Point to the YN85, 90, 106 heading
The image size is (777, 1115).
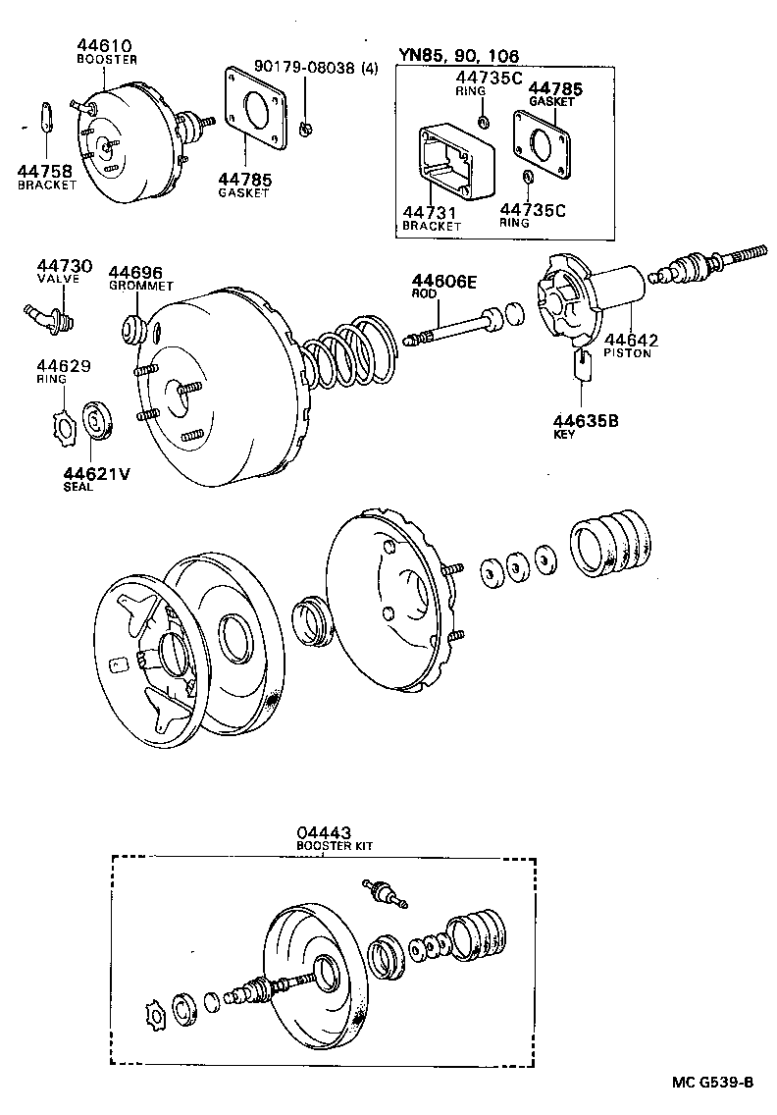[x=458, y=56]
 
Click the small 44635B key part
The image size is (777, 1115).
[x=582, y=365]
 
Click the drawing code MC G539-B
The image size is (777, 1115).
[x=712, y=1083]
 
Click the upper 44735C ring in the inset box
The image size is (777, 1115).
[x=484, y=122]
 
